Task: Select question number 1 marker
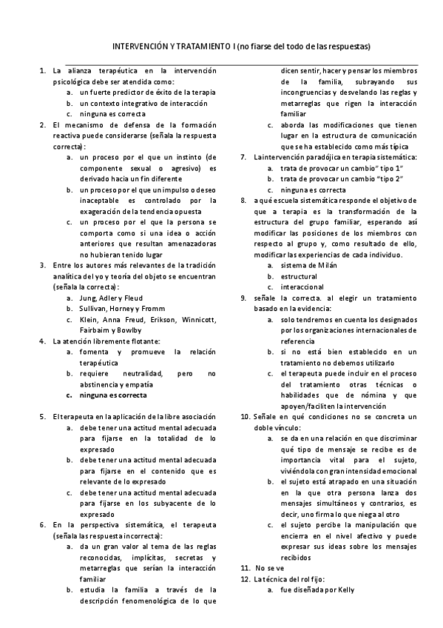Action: pos(42,70)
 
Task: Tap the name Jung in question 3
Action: pos(88,298)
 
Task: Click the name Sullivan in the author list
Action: pos(93,309)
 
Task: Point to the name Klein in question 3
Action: pos(89,319)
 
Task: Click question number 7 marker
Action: pos(245,157)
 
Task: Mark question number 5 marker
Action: pos(42,417)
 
